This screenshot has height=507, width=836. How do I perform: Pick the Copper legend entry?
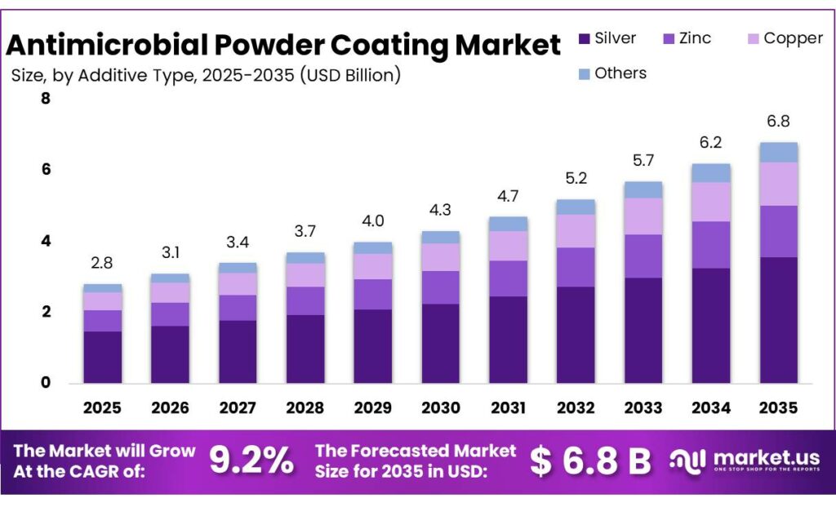point(783,38)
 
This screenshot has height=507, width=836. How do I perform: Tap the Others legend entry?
point(611,73)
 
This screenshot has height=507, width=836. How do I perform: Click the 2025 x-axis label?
point(102,407)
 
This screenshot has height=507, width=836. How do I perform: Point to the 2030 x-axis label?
point(441,407)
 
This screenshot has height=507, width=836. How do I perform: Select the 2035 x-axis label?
point(779,407)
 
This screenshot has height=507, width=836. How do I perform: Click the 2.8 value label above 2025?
point(102,262)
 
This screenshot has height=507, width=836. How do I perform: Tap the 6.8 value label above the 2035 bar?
point(779,121)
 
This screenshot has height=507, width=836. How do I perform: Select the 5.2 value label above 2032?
point(576,178)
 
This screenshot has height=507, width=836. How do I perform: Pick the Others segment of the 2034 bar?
point(711,172)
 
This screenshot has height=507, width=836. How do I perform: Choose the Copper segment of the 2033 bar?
point(643,216)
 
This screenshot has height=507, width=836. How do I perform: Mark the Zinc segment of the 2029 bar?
point(373,294)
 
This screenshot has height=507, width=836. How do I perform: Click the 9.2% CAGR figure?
point(251,461)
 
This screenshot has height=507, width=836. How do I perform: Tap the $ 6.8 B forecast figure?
point(589,461)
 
